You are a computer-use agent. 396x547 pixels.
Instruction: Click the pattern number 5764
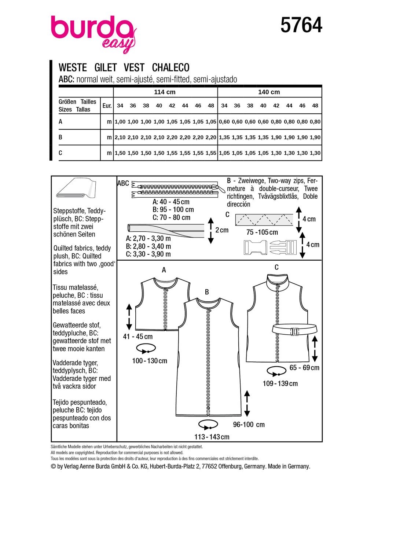301,25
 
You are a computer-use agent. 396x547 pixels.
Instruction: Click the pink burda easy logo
93,33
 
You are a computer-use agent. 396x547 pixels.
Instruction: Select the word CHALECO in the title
170,68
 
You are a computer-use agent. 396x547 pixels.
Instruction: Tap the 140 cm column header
269,92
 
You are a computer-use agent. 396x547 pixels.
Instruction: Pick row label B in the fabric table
60,137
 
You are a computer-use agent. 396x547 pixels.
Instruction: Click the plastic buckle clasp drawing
270,247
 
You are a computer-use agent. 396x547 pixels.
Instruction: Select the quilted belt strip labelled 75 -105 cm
264,220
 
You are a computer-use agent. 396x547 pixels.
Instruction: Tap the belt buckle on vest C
294,331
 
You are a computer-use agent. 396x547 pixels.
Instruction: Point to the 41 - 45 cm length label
137,337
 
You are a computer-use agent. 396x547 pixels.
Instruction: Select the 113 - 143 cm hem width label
212,437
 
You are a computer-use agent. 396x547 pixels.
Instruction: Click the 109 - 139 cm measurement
280,384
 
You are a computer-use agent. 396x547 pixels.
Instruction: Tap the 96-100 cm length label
249,425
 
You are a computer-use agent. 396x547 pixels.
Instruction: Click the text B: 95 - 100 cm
173,210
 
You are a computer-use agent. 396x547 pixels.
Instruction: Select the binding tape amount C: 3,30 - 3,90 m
148,254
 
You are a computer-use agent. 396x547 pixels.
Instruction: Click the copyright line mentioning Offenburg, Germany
180,466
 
